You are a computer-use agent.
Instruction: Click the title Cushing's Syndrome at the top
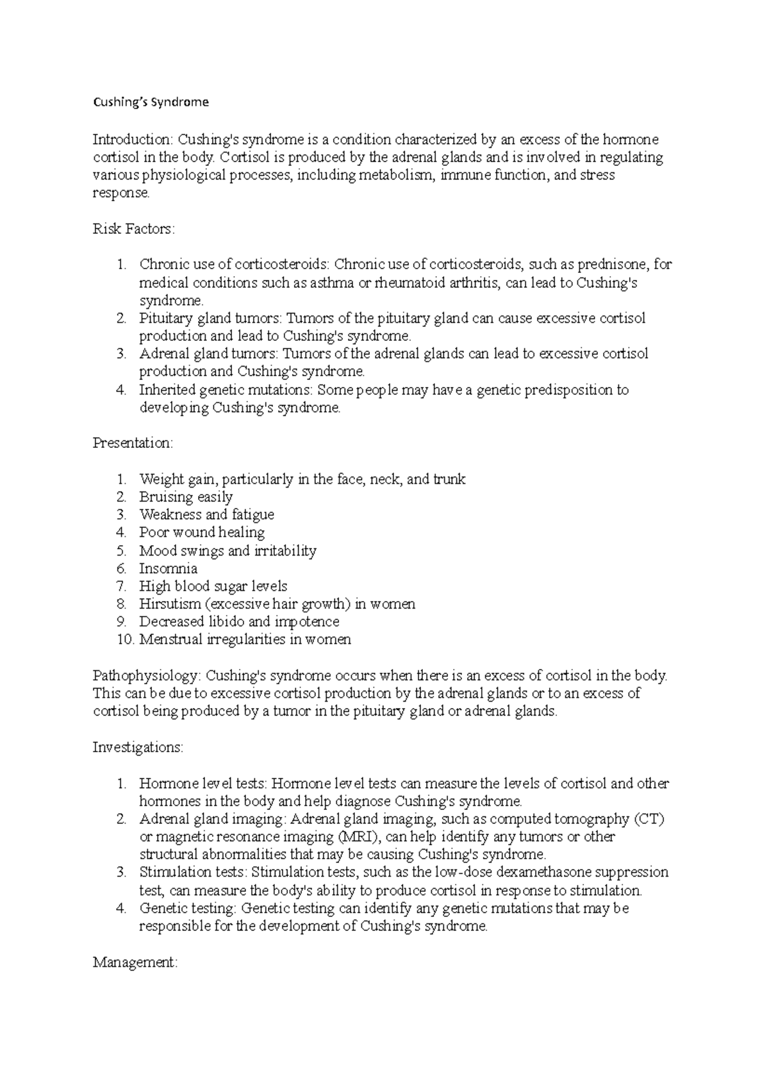[x=151, y=102]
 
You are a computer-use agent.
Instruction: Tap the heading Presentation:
[x=133, y=443]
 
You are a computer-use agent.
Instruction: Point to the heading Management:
[x=135, y=962]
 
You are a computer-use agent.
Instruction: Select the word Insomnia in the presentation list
[x=168, y=568]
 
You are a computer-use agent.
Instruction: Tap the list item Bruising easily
[x=186, y=497]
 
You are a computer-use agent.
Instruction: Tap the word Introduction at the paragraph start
[x=133, y=140]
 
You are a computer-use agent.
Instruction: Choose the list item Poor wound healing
[x=202, y=532]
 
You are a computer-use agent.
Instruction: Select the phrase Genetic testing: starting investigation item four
[x=188, y=908]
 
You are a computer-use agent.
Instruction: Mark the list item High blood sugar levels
[x=213, y=586]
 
